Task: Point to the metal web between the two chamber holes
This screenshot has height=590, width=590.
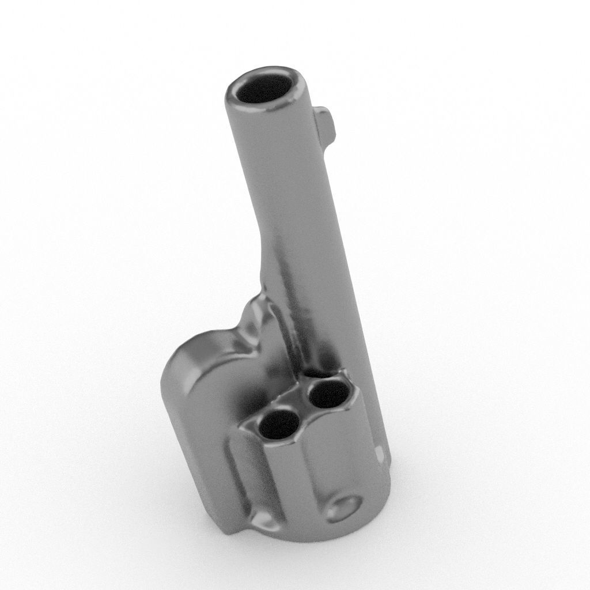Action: click(x=304, y=410)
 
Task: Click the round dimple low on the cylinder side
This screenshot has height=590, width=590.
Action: click(x=344, y=508)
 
